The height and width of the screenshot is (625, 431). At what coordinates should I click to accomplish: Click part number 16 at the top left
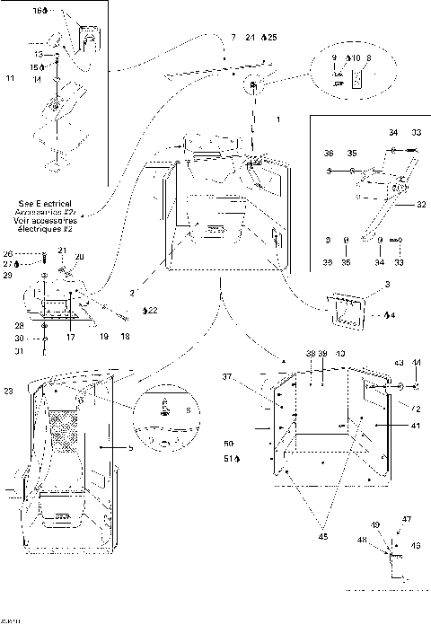38,12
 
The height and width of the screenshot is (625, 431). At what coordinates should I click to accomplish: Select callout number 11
10,80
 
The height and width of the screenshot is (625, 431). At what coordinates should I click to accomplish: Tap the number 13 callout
40,54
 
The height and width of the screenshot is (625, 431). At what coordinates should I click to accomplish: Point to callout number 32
420,205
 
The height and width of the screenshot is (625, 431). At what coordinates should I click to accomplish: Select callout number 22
151,311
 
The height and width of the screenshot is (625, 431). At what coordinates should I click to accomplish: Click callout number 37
228,376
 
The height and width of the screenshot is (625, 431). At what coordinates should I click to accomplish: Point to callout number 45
322,536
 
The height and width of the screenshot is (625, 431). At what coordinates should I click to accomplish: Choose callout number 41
390,425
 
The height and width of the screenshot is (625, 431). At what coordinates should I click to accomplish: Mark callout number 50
228,445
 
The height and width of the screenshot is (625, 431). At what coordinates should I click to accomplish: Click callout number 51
228,459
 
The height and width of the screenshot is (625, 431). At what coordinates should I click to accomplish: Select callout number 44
417,362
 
